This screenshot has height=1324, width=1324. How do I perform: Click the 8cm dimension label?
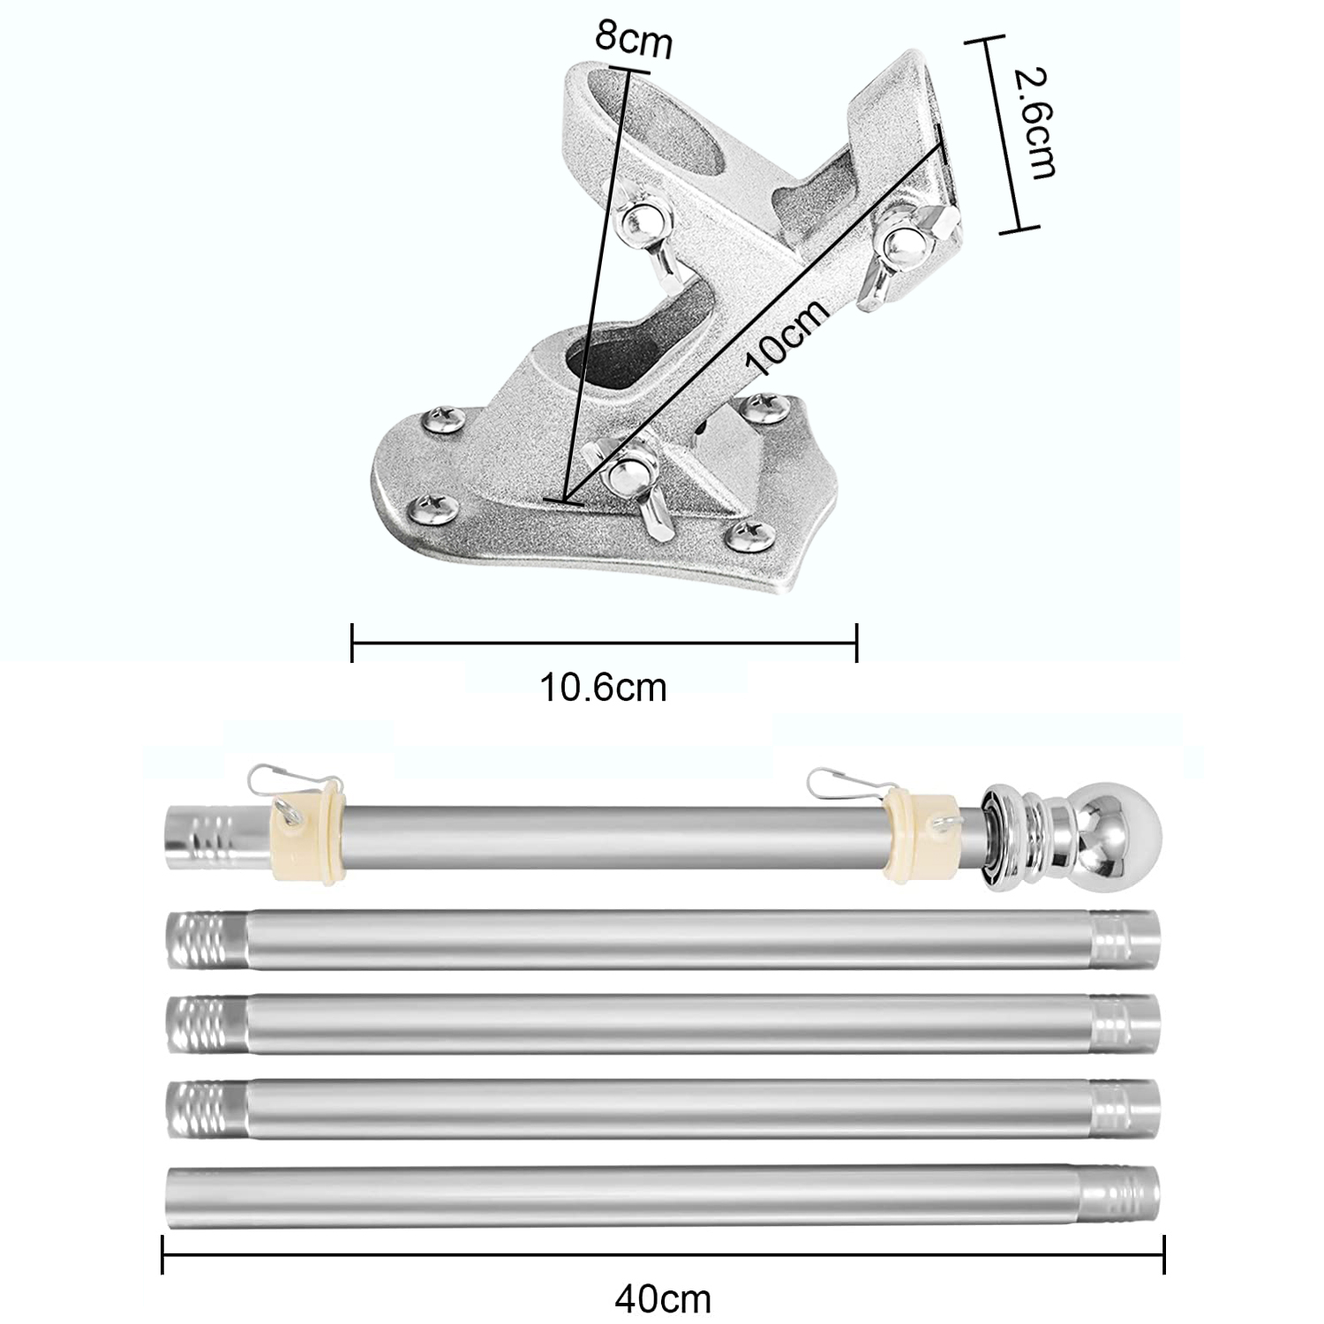(633, 39)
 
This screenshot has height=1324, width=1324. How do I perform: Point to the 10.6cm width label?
(603, 688)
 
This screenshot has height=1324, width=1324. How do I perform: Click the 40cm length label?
(663, 1298)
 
